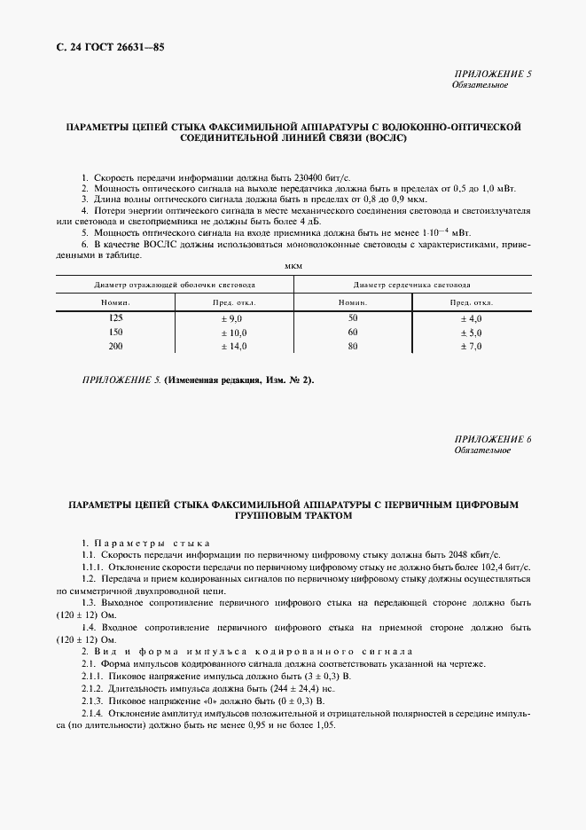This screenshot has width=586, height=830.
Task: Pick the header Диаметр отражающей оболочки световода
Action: pyautogui.click(x=175, y=286)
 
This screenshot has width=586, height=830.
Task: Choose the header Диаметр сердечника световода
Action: pyautogui.click(x=411, y=286)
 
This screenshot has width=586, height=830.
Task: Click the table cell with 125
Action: pyautogui.click(x=115, y=317)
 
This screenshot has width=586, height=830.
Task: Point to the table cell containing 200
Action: pyautogui.click(x=115, y=346)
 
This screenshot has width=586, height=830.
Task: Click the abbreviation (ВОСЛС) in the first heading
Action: pyautogui.click(x=381, y=139)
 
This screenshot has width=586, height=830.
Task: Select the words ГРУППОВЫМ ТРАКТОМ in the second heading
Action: pyautogui.click(x=293, y=515)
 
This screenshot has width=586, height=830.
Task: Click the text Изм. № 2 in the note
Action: pyautogui.click(x=285, y=380)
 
